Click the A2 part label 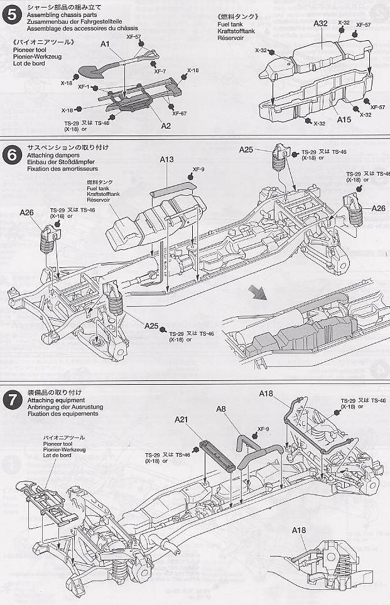(x=166, y=125)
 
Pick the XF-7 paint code (x=160, y=71)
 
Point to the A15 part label (x=344, y=119)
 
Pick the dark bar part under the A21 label (x=217, y=452)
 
